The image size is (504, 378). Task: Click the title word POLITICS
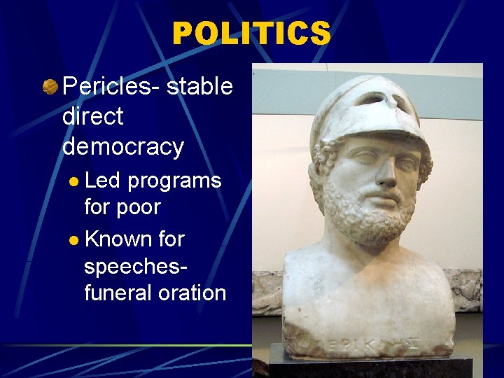pyautogui.click(x=251, y=33)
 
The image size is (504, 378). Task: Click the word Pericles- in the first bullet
pyautogui.click(x=112, y=87)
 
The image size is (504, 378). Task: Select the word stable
pyautogui.click(x=199, y=87)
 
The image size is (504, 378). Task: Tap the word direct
pyautogui.click(x=92, y=116)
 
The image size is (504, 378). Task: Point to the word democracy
pyautogui.click(x=123, y=146)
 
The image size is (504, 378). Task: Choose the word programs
pyautogui.click(x=174, y=181)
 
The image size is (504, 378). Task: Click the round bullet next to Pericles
pyautogui.click(x=50, y=87)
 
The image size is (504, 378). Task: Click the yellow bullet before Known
pyautogui.click(x=74, y=240)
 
